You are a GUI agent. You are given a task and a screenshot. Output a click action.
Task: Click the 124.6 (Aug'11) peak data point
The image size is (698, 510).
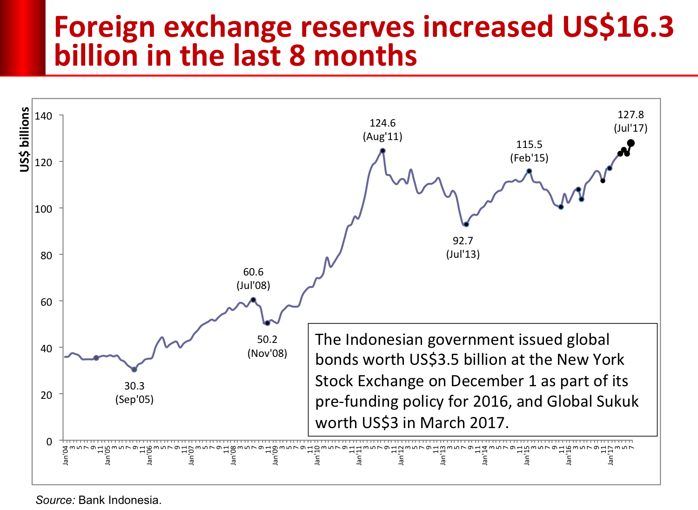click(x=383, y=151)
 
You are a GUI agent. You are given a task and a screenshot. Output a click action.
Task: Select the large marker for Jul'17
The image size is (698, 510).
click(x=631, y=143)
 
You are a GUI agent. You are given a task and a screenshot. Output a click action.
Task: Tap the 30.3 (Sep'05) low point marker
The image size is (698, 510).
click(x=134, y=370)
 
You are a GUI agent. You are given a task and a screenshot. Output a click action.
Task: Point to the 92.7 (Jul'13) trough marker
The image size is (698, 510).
click(x=466, y=224)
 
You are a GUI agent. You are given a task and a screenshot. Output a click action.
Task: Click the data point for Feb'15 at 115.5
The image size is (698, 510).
click(x=529, y=171)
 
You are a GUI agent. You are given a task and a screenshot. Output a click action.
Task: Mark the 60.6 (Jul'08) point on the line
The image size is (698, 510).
click(x=253, y=300)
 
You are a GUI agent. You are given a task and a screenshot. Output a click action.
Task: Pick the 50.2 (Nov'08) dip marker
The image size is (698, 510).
click(x=267, y=323)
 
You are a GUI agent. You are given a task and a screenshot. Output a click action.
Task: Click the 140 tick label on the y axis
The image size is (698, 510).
click(x=43, y=116)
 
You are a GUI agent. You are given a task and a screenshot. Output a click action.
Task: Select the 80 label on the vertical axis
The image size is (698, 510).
click(x=46, y=255)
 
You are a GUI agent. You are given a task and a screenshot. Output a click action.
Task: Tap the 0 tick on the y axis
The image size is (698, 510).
click(x=49, y=442)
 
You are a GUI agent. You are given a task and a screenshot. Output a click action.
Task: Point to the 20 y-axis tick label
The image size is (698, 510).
click(x=46, y=395)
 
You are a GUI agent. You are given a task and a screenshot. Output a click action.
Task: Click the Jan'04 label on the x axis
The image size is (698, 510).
click(x=66, y=456)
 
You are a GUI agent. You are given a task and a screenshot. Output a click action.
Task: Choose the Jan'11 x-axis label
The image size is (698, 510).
click(x=359, y=456)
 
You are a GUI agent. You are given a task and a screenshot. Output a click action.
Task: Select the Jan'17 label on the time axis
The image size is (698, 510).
click(x=610, y=456)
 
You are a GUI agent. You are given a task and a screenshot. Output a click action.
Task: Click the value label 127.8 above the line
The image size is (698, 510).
click(x=631, y=115)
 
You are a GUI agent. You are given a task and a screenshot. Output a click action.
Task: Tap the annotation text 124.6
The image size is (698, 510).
click(x=383, y=123)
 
